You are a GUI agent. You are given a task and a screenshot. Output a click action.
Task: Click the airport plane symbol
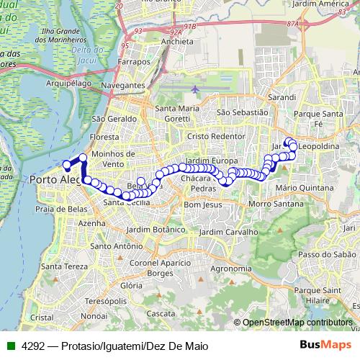(x=197, y=89)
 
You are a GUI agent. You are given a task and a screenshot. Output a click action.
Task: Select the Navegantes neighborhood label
(x=123, y=85)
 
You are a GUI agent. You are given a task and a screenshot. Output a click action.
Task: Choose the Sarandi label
(x=282, y=96)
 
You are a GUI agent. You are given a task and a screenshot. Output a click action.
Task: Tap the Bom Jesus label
(x=201, y=205)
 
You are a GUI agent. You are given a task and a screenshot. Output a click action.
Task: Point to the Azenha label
(x=91, y=224)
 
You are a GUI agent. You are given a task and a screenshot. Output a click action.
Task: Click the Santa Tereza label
(x=63, y=267)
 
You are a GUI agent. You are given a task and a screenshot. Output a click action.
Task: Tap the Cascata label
(x=161, y=314)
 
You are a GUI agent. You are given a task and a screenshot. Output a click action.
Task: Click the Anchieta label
(x=176, y=41)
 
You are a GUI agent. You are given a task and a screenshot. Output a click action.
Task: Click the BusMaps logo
(x=329, y=346)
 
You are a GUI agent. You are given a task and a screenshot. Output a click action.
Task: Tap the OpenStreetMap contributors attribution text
(x=297, y=323)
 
